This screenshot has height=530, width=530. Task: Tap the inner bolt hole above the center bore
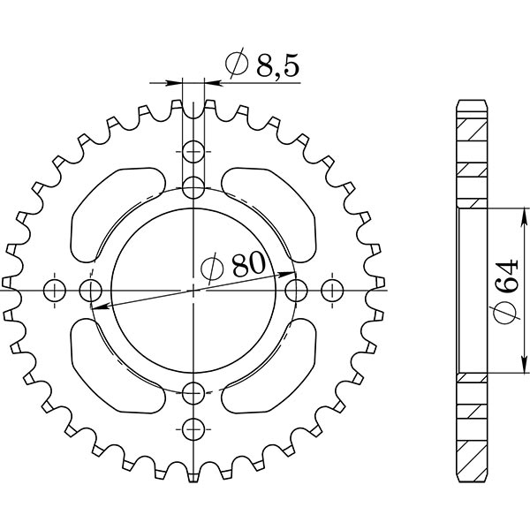pos(194,186)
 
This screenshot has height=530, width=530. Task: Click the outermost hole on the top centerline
pos(194,151)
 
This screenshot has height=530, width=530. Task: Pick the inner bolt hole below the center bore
pos(194,392)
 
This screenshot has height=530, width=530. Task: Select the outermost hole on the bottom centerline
pos(194,428)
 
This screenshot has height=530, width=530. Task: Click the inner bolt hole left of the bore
pos(91,290)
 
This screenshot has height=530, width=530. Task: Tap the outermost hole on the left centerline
pos(55,290)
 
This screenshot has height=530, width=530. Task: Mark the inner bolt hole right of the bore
pos(297,290)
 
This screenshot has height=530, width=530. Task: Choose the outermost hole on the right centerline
pos(333,290)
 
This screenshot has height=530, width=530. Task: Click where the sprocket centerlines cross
pos(194,290)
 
